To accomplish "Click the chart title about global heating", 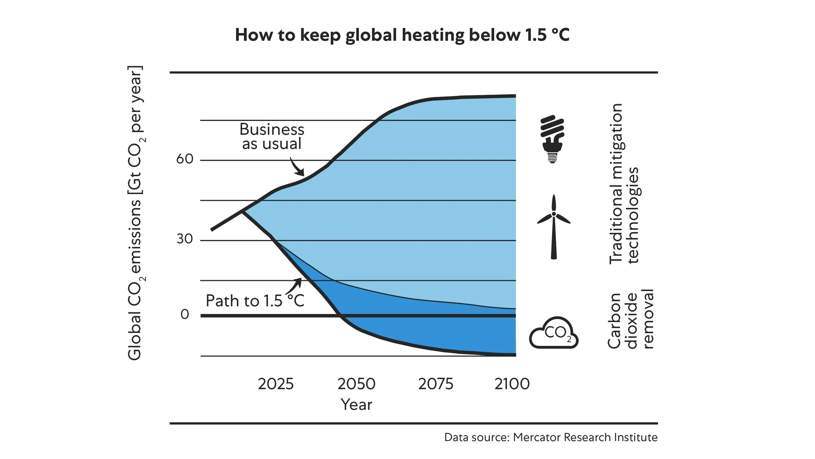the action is (402, 35).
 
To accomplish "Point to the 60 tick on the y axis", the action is (185, 159).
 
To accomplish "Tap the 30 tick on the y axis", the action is (185, 239).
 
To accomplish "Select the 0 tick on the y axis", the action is (185, 314).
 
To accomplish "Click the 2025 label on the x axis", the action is (276, 384).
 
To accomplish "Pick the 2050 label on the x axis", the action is (356, 384).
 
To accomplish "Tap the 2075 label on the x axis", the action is (436, 384).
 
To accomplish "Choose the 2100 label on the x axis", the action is (512, 384).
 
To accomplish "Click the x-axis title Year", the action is (356, 405).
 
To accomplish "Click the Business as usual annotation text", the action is (272, 137).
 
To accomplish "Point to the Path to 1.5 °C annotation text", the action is (255, 301).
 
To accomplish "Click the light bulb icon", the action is (552, 139).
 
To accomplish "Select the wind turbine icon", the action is (554, 227).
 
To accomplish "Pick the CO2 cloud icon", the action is (554, 333).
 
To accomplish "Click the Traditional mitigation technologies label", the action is (624, 184).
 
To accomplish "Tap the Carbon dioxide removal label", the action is (630, 319).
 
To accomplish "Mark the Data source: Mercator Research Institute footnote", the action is (551, 437).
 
